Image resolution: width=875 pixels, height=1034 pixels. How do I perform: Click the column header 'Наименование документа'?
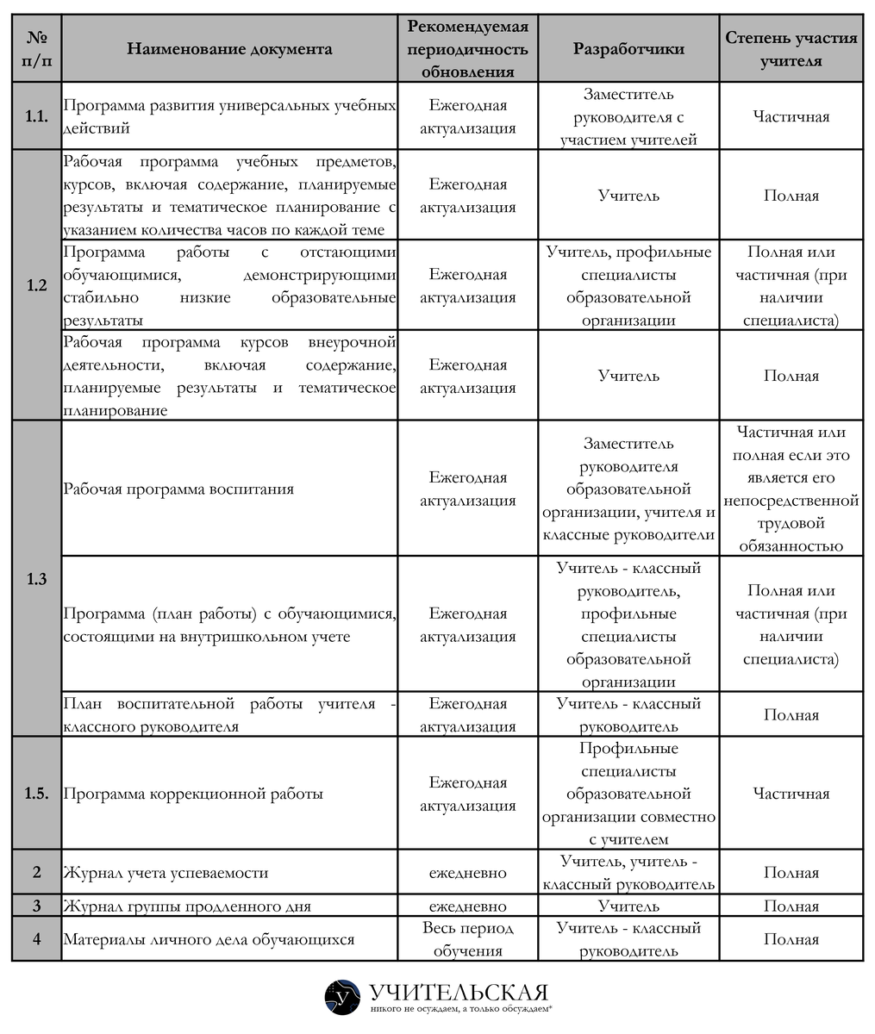click(229, 49)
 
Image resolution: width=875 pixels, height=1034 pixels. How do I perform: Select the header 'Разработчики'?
click(628, 49)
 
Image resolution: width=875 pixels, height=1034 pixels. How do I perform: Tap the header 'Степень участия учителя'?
click(791, 49)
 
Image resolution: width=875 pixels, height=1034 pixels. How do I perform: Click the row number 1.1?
click(37, 117)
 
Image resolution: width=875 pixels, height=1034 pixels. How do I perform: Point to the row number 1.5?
click(37, 794)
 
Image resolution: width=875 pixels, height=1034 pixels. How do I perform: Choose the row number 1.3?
click(37, 579)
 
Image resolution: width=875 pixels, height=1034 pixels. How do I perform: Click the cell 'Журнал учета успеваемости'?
click(166, 873)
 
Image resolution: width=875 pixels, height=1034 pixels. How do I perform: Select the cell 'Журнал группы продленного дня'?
click(187, 906)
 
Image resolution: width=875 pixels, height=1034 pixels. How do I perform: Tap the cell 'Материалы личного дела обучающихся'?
click(209, 939)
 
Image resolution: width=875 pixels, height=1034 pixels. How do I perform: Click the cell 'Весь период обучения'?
click(467, 939)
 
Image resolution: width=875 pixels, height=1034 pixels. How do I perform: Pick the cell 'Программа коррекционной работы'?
click(193, 794)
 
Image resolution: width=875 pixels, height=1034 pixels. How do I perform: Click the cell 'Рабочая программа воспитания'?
click(178, 489)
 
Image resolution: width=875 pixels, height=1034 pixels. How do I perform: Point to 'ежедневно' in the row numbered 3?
click(467, 906)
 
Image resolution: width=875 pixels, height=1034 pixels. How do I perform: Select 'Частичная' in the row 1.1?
click(791, 117)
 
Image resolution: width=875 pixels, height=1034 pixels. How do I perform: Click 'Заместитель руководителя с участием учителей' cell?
click(628, 117)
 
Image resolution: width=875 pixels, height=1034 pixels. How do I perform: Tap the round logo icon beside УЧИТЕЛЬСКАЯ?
click(342, 997)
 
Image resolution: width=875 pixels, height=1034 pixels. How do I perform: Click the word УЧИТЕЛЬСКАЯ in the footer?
click(459, 992)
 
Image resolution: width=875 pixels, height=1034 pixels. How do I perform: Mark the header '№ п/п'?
click(37, 49)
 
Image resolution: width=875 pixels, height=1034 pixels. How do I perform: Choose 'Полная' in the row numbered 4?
click(791, 939)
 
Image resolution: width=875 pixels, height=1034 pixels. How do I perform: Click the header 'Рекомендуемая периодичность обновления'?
click(467, 49)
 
